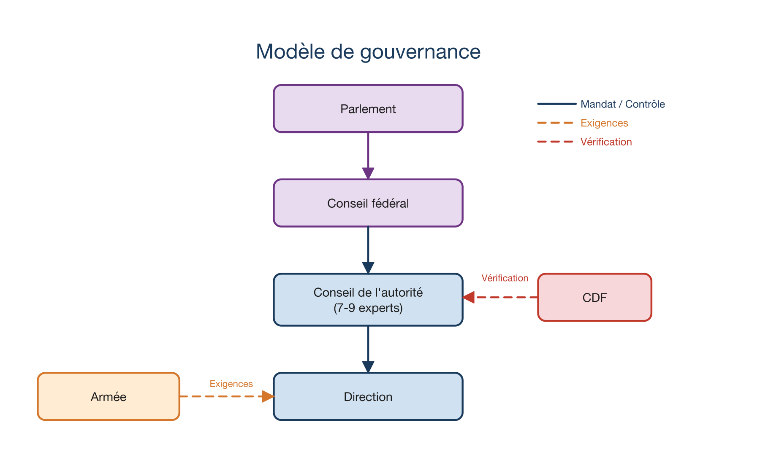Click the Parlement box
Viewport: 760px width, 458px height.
point(368,109)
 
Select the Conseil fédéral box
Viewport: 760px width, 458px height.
point(368,203)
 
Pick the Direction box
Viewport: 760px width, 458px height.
point(368,397)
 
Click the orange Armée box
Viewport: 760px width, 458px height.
point(109,397)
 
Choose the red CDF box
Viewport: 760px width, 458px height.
point(594,298)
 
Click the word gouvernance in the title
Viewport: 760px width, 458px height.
point(420,52)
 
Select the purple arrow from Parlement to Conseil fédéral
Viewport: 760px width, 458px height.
point(368,154)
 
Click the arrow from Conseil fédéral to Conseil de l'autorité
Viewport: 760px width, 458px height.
point(368,249)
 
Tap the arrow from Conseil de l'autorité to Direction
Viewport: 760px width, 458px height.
point(368,348)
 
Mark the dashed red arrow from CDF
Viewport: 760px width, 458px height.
point(502,297)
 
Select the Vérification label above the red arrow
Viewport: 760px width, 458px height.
point(505,278)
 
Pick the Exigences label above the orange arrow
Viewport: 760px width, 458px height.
point(231,384)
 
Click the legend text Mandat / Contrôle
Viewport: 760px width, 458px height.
point(622,104)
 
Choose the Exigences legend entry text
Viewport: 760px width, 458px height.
point(604,123)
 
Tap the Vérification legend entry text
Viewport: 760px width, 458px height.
point(606,142)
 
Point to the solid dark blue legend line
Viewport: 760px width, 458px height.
point(556,104)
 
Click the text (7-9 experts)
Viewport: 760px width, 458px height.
point(368,308)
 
